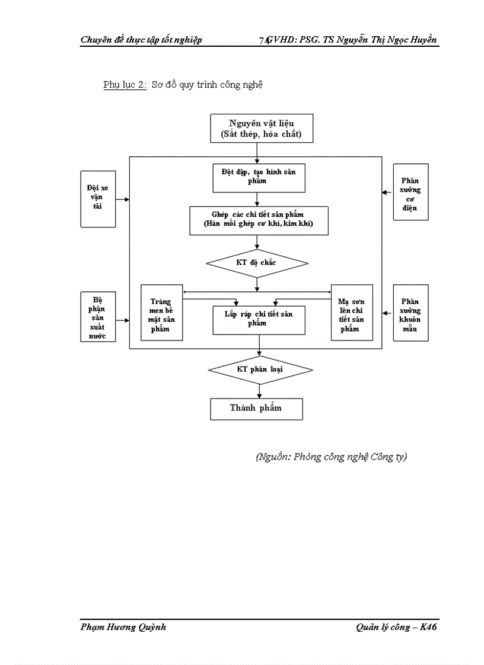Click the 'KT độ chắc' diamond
(257, 263)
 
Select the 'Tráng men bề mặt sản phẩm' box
(161, 313)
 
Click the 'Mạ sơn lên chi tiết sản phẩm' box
(351, 313)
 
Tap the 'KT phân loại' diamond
(260, 370)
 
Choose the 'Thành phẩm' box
(256, 409)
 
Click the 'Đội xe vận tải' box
(97, 198)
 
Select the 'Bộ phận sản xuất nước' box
(97, 317)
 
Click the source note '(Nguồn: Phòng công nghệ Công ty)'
(332, 457)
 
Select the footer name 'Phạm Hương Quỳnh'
(123, 628)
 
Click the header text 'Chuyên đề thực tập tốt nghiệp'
(141, 40)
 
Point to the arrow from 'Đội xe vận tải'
(122, 200)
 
